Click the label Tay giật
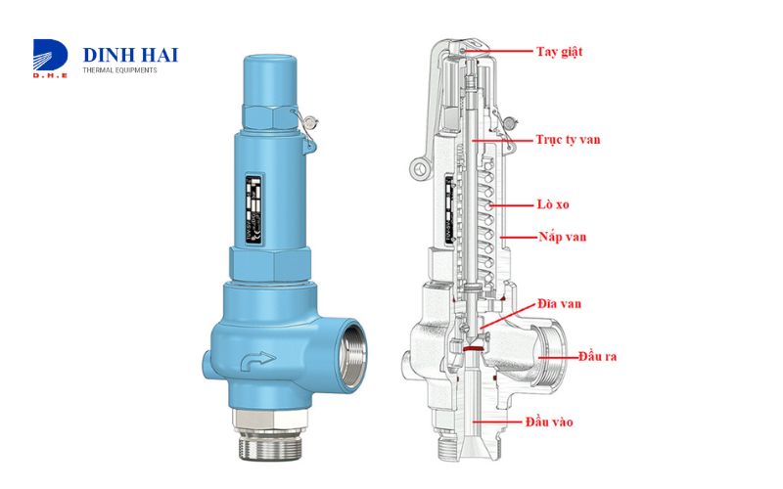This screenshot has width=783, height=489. [563, 51]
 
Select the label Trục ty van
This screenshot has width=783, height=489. [568, 140]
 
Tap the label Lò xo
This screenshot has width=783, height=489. [554, 206]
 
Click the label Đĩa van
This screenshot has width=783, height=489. [559, 304]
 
